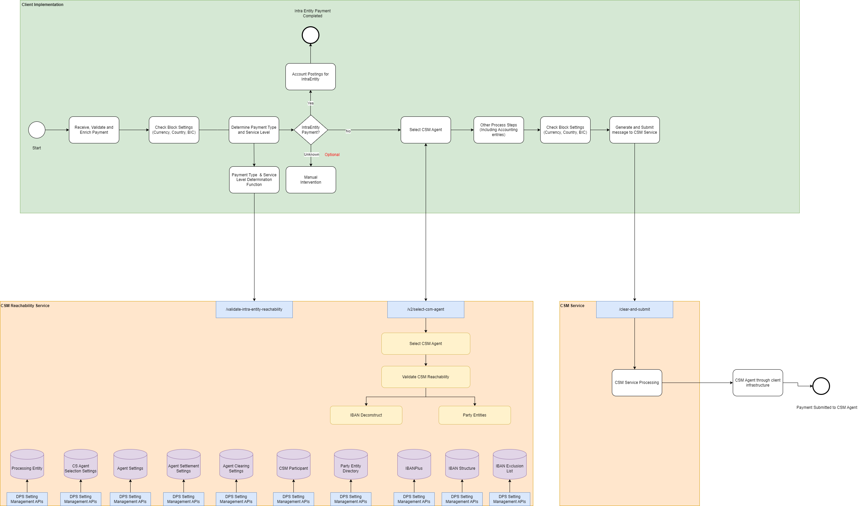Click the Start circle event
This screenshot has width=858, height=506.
click(x=37, y=130)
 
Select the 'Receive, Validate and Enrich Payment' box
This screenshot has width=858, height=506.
click(x=94, y=130)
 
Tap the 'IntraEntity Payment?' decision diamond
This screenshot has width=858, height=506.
click(x=310, y=130)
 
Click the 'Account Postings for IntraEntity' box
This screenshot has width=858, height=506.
click(x=310, y=77)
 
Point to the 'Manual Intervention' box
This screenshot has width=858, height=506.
click(x=310, y=180)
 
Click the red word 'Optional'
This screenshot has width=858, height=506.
click(x=332, y=155)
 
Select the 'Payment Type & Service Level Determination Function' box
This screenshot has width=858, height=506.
click(x=254, y=180)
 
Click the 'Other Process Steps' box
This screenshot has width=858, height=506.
click(x=498, y=130)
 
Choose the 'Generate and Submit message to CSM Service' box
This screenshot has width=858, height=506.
click(x=634, y=130)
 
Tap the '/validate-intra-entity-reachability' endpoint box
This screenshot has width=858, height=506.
click(x=254, y=310)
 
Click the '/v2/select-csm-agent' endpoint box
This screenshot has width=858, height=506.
click(x=425, y=310)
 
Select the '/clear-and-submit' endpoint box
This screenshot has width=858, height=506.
click(x=634, y=310)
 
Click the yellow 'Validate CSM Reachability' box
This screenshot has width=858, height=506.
click(x=425, y=377)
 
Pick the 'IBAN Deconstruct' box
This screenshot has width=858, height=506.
click(x=366, y=415)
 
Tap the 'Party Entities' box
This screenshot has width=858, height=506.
click(x=474, y=415)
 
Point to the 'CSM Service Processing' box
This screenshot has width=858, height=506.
click(x=637, y=383)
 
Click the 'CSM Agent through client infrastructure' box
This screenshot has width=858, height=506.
click(x=757, y=383)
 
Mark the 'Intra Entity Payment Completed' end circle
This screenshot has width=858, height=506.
click(x=310, y=35)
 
